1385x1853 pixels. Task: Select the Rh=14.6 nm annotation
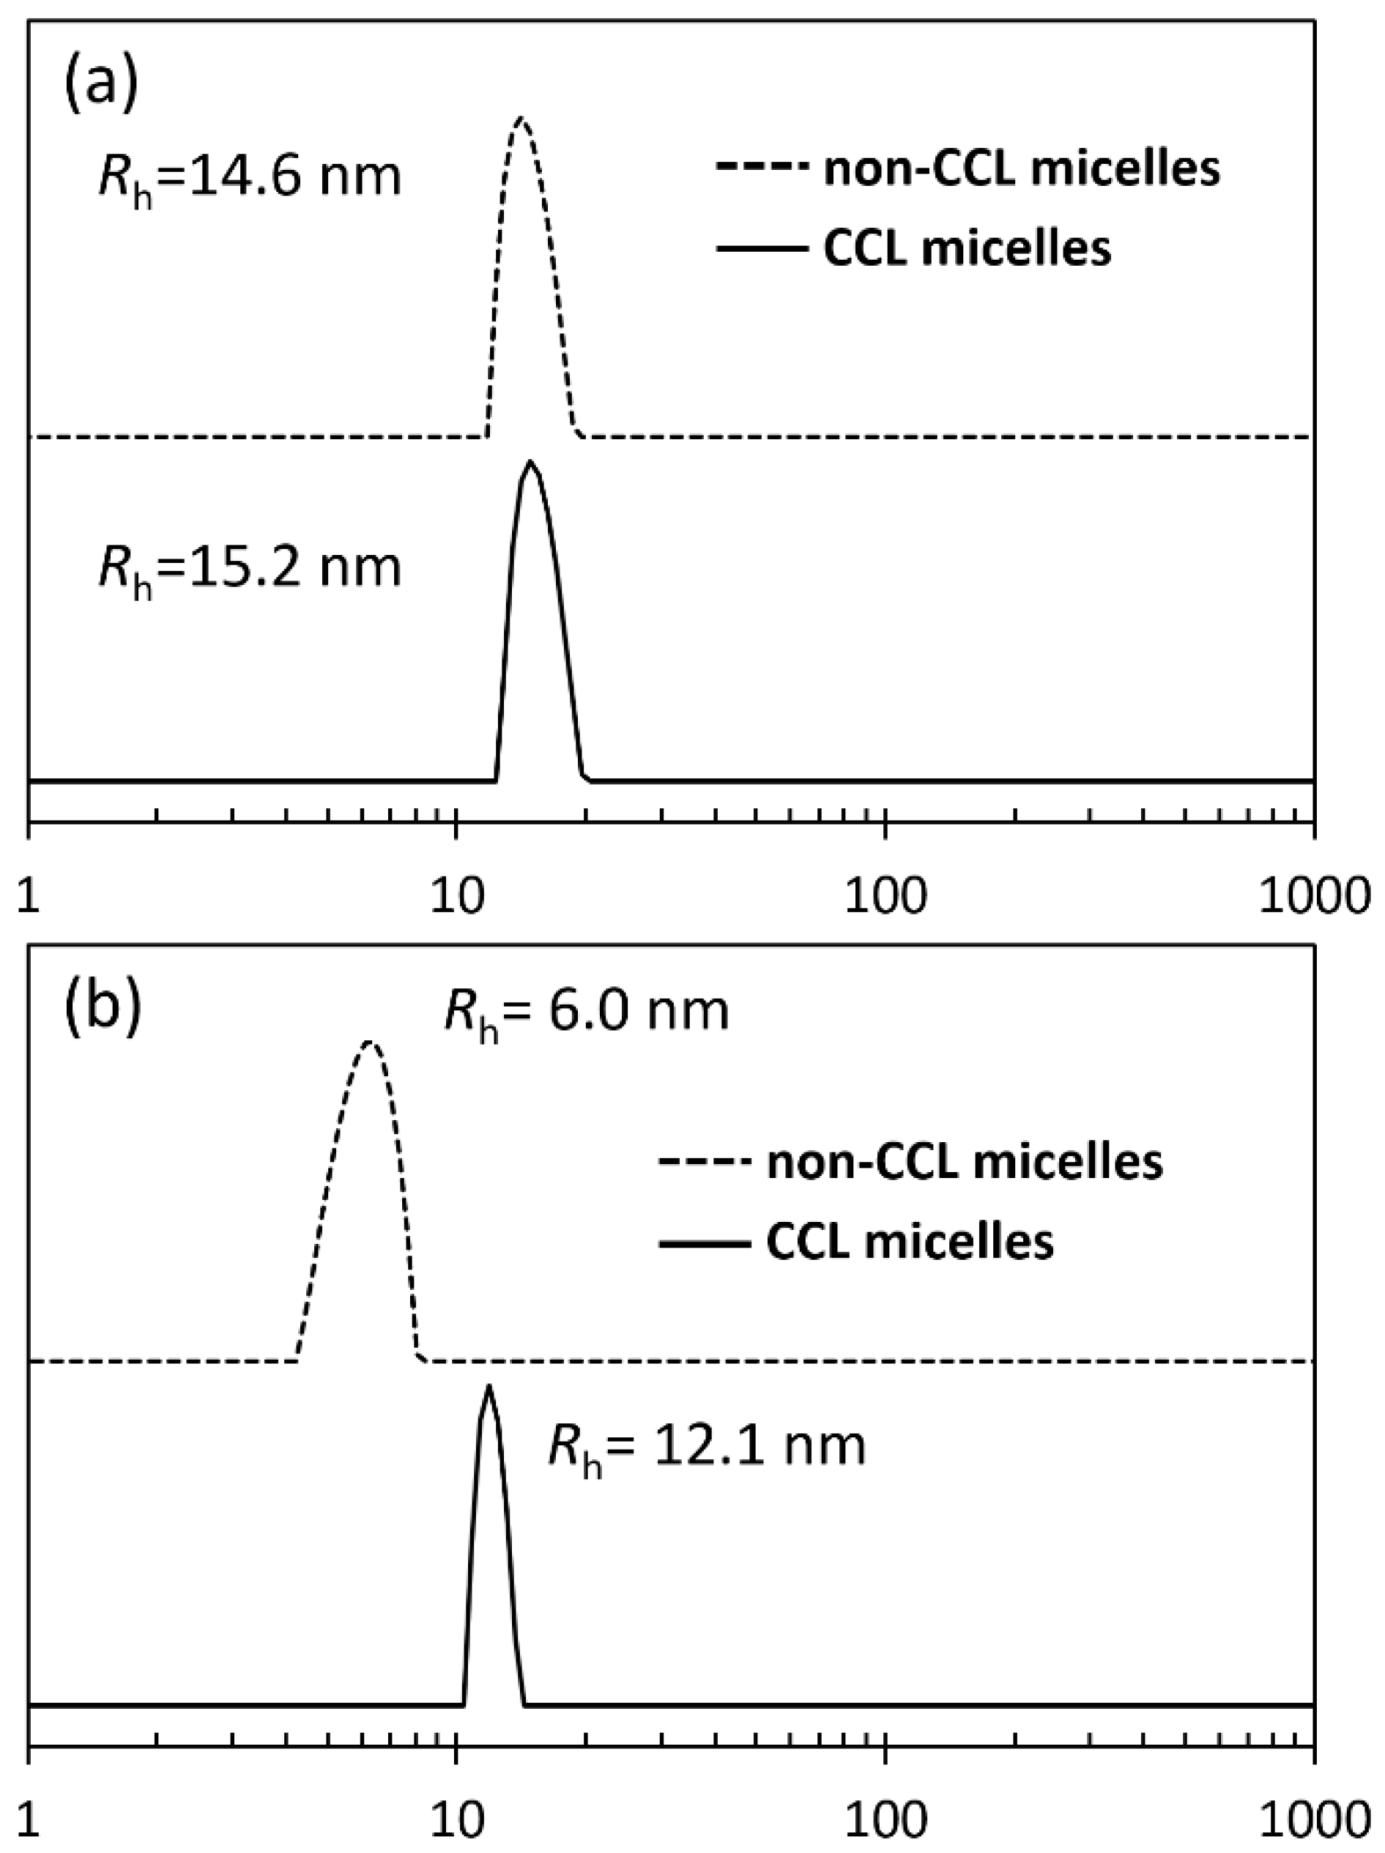[x=250, y=179]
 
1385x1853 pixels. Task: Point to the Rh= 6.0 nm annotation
[x=586, y=1012]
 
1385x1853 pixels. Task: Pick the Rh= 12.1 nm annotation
[x=706, y=1447]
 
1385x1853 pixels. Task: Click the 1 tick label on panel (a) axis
[x=30, y=896]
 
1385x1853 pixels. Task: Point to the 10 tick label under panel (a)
[x=454, y=896]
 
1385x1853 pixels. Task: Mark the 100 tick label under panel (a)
[x=885, y=896]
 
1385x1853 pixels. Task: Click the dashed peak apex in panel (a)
[x=520, y=118]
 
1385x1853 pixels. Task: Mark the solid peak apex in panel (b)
[x=489, y=1387]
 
